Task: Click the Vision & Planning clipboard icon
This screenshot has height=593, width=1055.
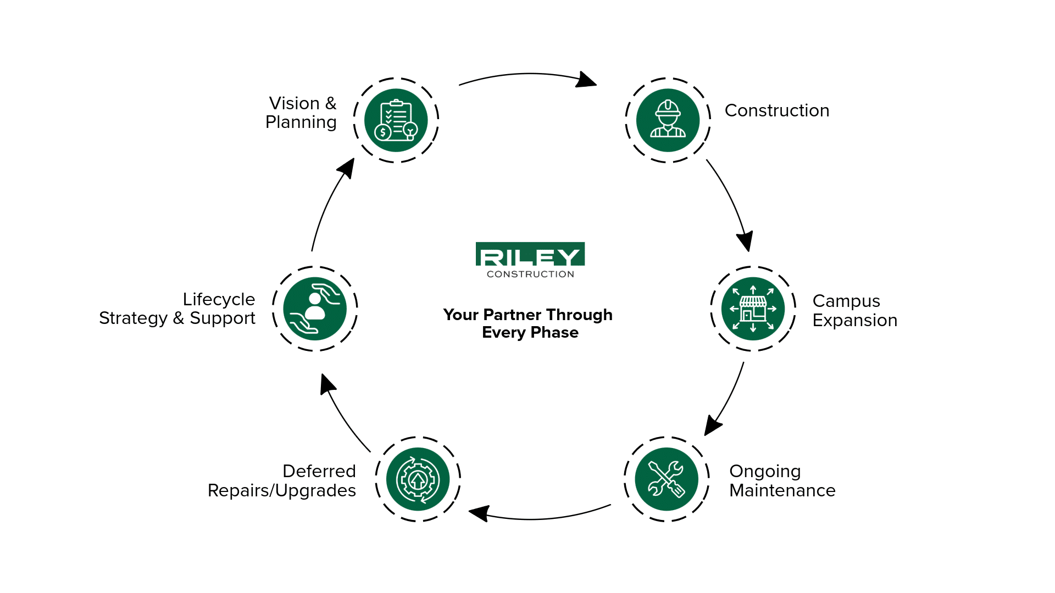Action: [x=396, y=120]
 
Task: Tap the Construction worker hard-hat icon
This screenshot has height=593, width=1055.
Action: [x=668, y=120]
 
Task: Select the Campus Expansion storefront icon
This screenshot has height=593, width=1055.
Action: [x=753, y=309]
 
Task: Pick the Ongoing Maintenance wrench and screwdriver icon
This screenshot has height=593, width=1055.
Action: [x=666, y=479]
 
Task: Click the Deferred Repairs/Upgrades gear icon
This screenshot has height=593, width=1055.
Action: [x=418, y=479]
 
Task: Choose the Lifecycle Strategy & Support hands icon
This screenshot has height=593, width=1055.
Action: [x=315, y=309]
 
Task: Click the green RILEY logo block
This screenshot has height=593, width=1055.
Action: [x=530, y=255]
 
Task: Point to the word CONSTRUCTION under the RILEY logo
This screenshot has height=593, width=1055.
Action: [x=530, y=274]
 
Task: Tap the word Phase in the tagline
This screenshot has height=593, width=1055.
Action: [x=554, y=332]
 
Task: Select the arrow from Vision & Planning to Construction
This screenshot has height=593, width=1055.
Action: [x=527, y=75]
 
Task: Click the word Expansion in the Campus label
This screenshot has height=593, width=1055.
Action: [x=854, y=320]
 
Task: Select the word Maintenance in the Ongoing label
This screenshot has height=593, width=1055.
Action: [x=782, y=490]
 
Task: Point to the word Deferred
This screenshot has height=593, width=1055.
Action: [x=319, y=471]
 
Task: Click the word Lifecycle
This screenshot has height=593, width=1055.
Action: [x=219, y=299]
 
